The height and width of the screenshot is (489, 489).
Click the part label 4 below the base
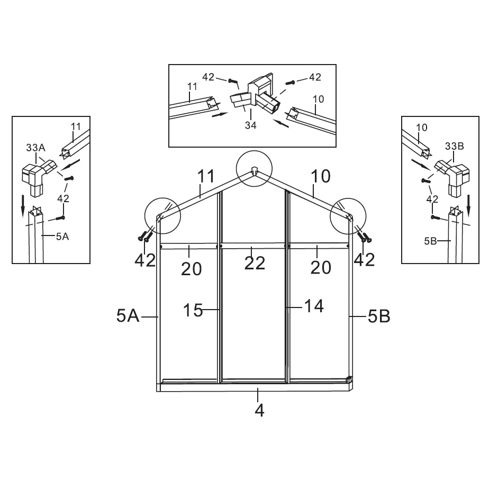tap(259, 411)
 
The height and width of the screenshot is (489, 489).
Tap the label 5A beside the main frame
tap(128, 315)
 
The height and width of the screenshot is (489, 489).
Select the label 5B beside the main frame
tap(379, 316)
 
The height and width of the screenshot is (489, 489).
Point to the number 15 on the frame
tap(193, 310)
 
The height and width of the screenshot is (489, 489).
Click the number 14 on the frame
tap(314, 306)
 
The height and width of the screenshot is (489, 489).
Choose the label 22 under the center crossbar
tap(255, 263)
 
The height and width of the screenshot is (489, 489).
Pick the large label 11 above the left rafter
tap(206, 176)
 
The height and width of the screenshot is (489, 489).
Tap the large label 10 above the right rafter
tap(321, 176)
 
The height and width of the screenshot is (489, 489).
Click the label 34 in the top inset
tap(251, 125)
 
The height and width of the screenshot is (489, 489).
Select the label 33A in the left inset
tap(35, 148)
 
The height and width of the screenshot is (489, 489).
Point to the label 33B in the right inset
tap(455, 146)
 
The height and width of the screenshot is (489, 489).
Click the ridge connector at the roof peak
tap(254, 171)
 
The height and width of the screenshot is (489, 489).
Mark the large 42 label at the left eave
tap(145, 260)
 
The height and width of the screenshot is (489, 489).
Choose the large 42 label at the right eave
tap(364, 259)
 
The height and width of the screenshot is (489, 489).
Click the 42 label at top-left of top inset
tap(209, 77)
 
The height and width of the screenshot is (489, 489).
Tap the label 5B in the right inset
tap(430, 241)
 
